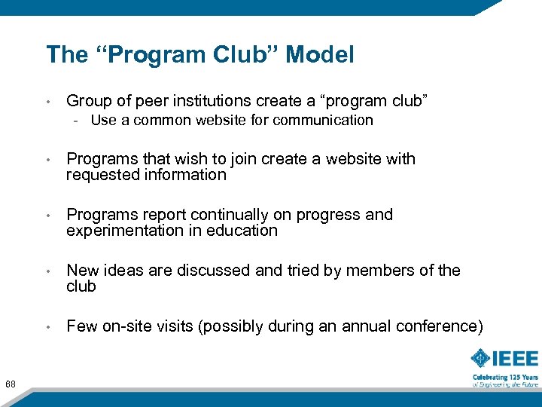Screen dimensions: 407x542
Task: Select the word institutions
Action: tap(198, 101)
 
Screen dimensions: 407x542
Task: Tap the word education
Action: tap(243, 231)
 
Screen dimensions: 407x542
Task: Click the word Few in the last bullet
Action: tap(80, 326)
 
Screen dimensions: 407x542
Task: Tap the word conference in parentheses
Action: tap(443, 326)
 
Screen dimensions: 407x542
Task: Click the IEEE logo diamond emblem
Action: tap(481, 358)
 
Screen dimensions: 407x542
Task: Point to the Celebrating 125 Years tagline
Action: tap(505, 377)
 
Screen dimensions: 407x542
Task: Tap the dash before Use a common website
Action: tap(78, 121)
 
